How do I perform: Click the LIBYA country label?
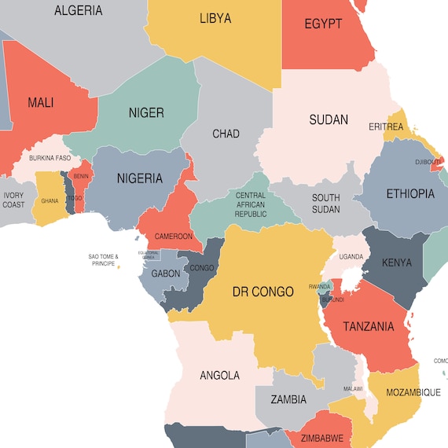point(215,18)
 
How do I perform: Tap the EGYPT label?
point(323,24)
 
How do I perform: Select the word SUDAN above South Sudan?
point(329,120)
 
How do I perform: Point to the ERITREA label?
point(386,127)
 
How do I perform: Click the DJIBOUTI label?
point(428,163)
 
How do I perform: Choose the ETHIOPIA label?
point(409,193)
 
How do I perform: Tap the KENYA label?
point(396,263)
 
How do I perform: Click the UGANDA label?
point(351,256)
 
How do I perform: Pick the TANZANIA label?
point(368,327)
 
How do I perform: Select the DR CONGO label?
point(263,292)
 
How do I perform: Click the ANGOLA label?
point(219,376)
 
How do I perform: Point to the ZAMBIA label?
point(288,399)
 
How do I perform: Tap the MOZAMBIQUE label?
point(412,392)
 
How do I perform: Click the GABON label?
point(166,274)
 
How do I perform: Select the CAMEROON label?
point(173,236)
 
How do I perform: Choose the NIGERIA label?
point(140,178)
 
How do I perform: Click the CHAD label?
point(226,134)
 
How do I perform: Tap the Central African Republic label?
point(251,204)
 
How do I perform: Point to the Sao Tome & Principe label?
point(103,260)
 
